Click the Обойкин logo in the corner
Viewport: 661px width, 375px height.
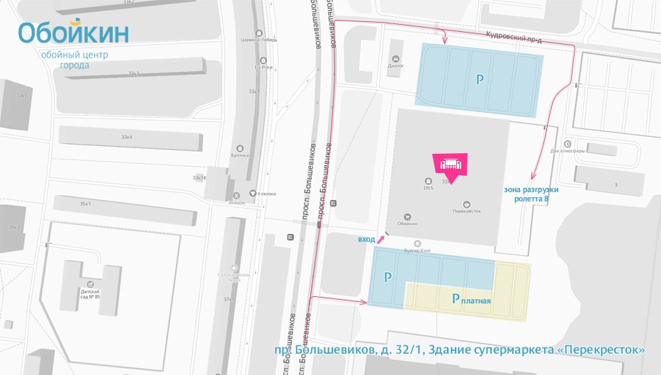74,33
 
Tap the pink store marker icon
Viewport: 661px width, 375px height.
451,164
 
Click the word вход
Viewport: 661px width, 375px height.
366,240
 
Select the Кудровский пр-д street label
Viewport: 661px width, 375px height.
514,38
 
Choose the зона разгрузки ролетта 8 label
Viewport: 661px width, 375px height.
531,194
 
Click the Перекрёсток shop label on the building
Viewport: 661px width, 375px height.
467,211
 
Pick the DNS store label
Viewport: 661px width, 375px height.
428,188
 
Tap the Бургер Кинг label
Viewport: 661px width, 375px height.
418,250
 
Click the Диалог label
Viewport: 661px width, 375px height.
395,65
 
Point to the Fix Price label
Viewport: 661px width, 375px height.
264,68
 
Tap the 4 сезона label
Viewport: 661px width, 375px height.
266,194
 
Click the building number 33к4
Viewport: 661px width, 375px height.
128,137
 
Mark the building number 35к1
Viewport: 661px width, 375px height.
86,204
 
